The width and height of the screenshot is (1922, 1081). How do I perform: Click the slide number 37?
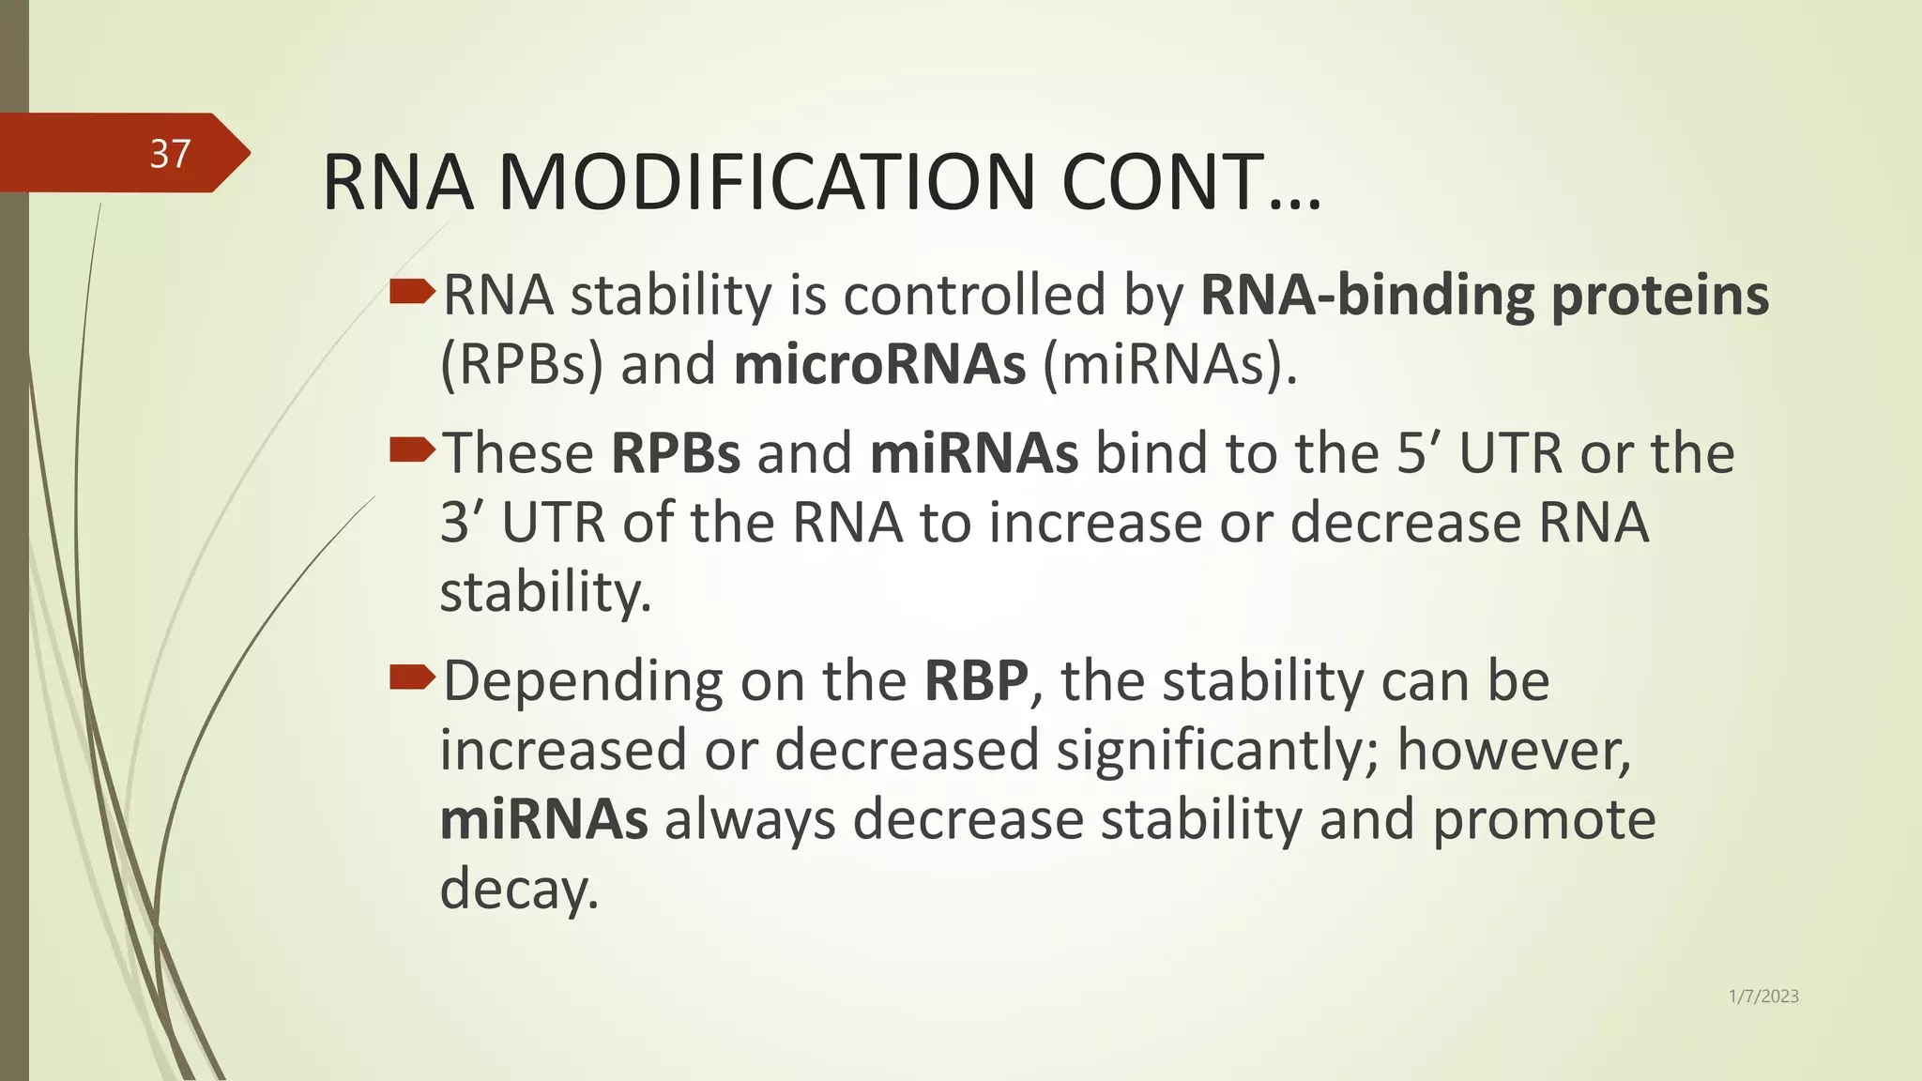pyautogui.click(x=170, y=154)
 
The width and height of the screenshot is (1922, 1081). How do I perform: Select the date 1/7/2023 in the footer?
pyautogui.click(x=1762, y=997)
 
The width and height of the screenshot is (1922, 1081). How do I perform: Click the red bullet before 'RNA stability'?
pyautogui.click(x=411, y=294)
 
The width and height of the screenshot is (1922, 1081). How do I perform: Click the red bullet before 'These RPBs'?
pyautogui.click(x=411, y=451)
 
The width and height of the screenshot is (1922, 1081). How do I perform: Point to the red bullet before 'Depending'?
pyautogui.click(x=411, y=678)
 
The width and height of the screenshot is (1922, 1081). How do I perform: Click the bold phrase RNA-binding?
pyautogui.click(x=1366, y=296)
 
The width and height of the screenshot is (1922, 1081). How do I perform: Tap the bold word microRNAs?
pyautogui.click(x=879, y=365)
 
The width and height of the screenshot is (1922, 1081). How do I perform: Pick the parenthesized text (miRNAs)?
pyautogui.click(x=1169, y=365)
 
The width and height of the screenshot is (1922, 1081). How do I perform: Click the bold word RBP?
pyautogui.click(x=976, y=681)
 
